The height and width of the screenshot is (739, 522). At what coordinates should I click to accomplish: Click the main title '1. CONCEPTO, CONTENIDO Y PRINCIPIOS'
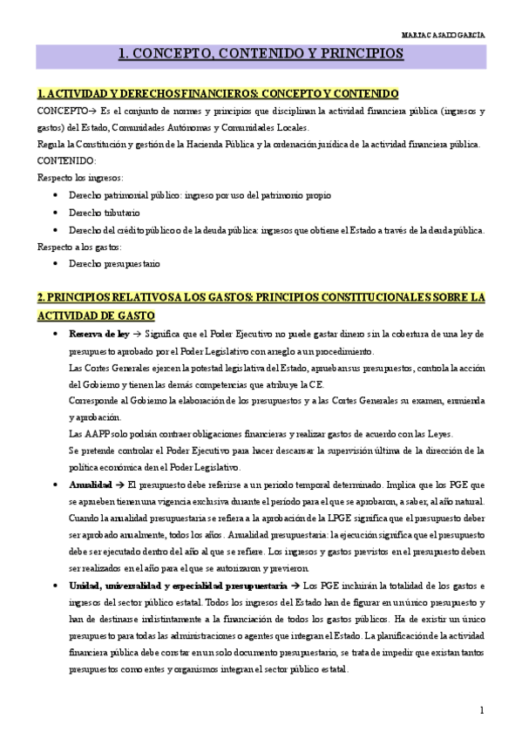pos(261,54)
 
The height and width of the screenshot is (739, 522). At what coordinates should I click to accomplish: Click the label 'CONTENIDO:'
pos(67,161)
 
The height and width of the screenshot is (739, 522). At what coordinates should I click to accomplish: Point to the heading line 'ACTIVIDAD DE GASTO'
pos(96,315)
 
